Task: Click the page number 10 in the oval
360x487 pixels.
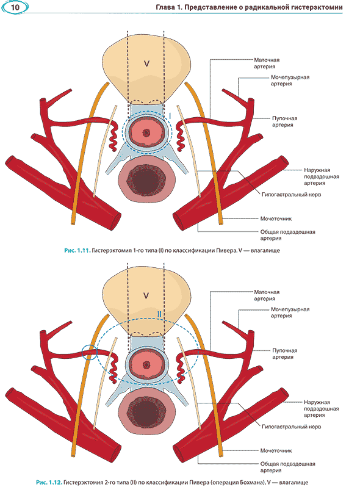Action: [15, 7]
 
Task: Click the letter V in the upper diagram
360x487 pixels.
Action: [146, 63]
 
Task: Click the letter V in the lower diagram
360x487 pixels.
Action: [146, 295]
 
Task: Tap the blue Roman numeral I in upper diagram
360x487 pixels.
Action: [170, 116]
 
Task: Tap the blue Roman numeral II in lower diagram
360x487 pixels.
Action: [159, 314]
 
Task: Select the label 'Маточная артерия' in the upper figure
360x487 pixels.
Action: [267, 63]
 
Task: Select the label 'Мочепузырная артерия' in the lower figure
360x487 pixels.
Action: [290, 312]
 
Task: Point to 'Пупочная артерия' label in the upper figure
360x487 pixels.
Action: [284, 121]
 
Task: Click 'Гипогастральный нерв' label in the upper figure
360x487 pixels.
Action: [291, 195]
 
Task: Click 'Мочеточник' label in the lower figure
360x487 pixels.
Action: [276, 450]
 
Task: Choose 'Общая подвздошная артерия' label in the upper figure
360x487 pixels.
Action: [287, 235]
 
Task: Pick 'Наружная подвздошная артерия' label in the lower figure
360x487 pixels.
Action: [321, 408]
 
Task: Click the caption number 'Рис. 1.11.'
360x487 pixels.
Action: [77, 250]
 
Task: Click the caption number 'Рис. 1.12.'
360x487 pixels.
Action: [49, 482]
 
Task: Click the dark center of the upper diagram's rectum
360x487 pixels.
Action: [146, 181]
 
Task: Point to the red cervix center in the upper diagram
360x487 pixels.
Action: [146, 133]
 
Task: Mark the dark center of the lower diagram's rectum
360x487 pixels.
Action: [146, 413]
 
